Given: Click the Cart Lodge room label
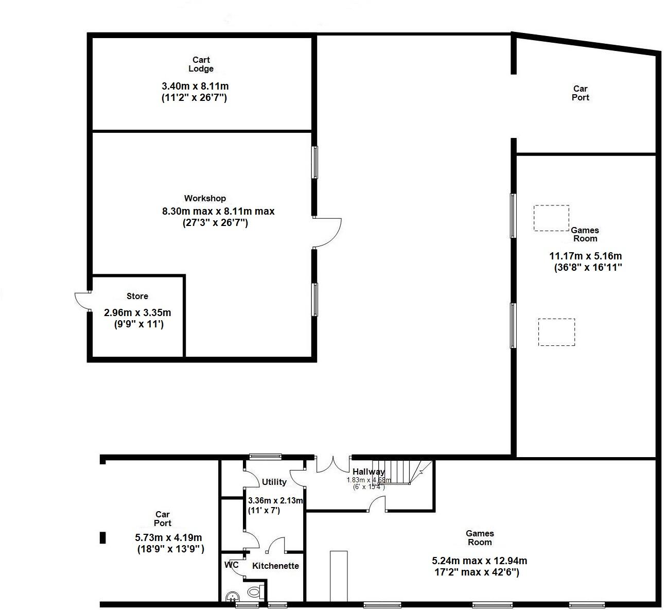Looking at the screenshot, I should click(201, 64).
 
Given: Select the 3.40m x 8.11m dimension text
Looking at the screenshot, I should click(195, 86).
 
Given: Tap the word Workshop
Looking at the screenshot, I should click(205, 198).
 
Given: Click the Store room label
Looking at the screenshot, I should click(137, 296).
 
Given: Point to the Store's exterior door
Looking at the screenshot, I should click(82, 300).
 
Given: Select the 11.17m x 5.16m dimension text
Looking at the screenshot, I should click(586, 256).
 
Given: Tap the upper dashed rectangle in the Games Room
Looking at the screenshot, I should click(551, 218).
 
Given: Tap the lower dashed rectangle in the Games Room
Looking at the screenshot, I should click(556, 332).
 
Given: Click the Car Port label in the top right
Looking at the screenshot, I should click(580, 93).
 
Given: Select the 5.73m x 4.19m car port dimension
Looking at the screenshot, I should click(168, 537).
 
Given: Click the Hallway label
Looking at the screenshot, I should click(368, 472).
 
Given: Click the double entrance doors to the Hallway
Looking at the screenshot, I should click(333, 464).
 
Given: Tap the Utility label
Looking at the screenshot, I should click(274, 482).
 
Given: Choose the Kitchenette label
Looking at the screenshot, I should click(275, 566).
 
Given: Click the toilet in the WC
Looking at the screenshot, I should click(254, 592).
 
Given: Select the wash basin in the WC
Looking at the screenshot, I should click(232, 597).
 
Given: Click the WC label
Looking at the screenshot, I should click(232, 565).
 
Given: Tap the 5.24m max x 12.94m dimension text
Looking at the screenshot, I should click(479, 561).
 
